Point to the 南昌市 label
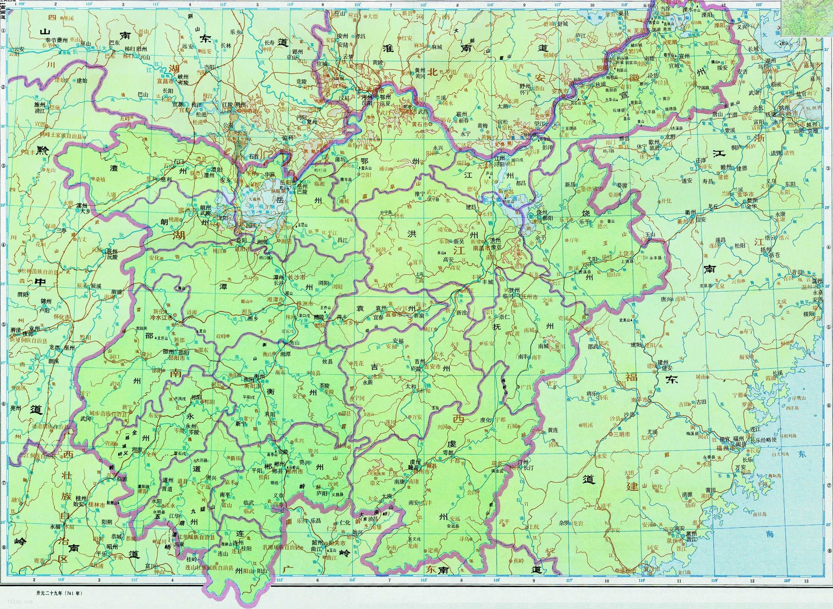pyautogui.click(x=480, y=249)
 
